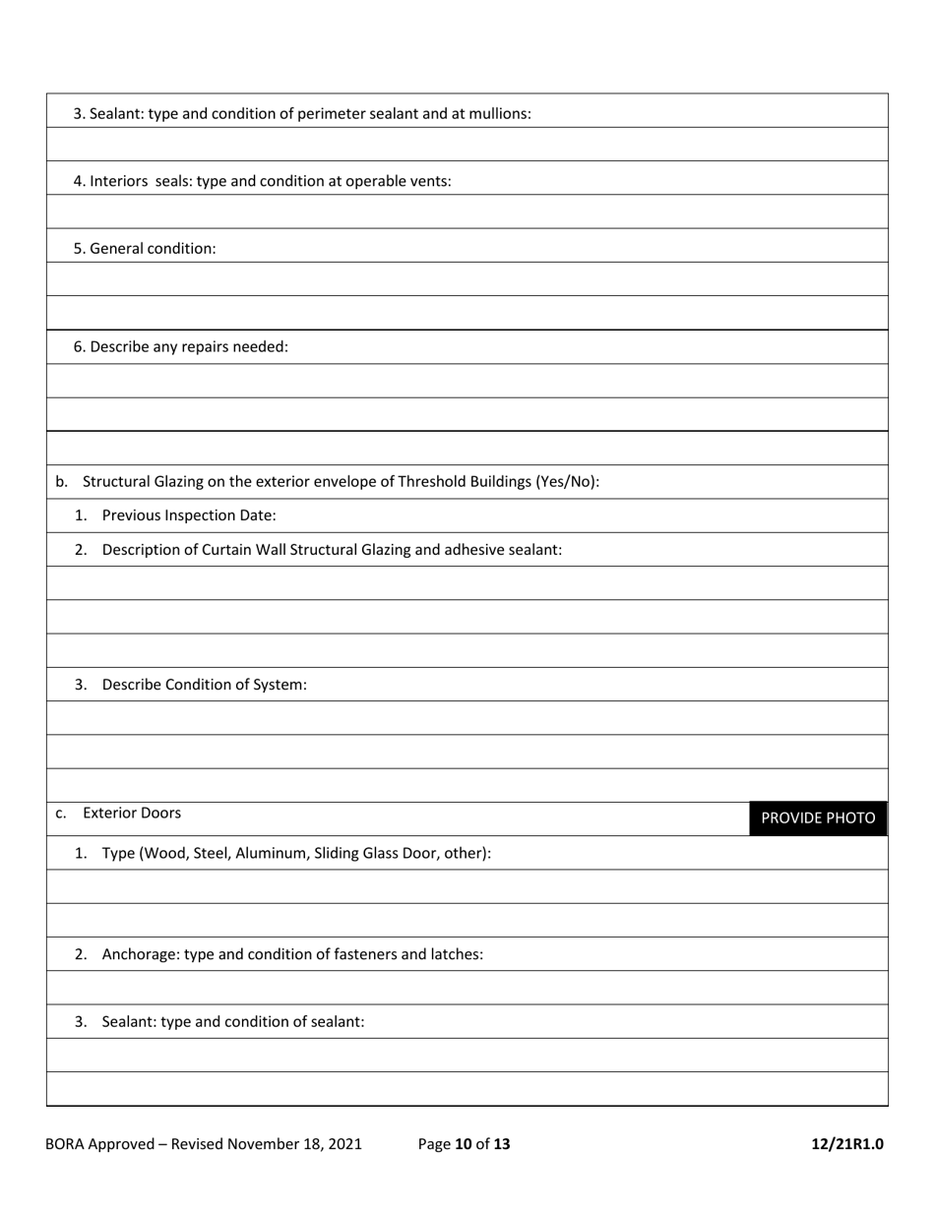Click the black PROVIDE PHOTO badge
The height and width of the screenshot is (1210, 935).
pos(817,818)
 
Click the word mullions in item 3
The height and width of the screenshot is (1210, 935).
pos(501,113)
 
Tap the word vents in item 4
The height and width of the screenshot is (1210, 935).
pos(430,181)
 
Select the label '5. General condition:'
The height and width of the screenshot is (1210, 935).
pos(145,248)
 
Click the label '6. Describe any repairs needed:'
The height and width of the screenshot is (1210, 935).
pos(181,346)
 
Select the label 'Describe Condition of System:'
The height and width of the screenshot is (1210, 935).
pos(204,684)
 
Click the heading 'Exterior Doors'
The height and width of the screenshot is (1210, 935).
pos(132,813)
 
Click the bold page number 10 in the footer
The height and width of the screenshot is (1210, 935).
pos(464,1143)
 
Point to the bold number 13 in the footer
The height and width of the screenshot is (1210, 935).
pos(502,1143)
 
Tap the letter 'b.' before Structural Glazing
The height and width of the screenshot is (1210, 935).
pos(62,481)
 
